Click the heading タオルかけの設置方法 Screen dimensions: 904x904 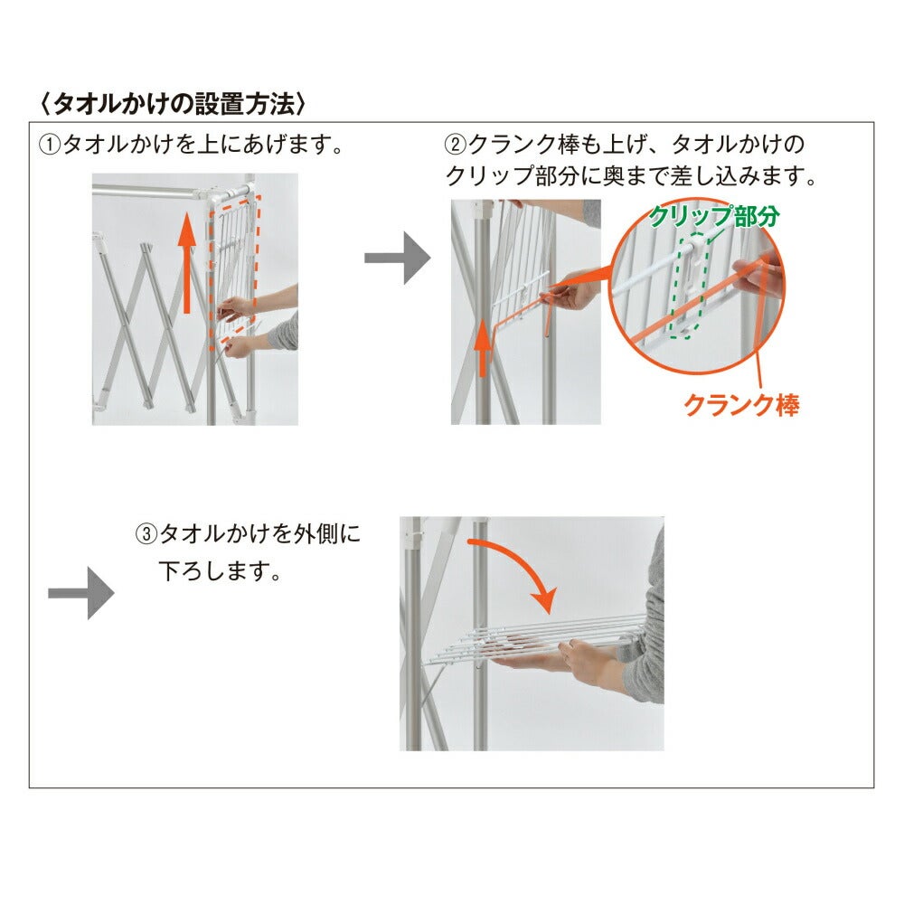[173, 104]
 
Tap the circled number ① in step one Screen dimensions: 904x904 [49, 144]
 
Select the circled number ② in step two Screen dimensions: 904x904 [455, 144]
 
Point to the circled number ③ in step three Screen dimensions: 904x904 [146, 534]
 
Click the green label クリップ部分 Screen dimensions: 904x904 [714, 216]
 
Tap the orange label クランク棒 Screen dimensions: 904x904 [741, 405]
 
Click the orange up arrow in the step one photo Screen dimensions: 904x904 [186, 263]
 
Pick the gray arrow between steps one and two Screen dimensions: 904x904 [397, 258]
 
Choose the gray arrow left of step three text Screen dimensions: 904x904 [81, 593]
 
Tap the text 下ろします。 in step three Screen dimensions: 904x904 [220, 571]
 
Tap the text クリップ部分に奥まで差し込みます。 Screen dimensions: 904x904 [631, 176]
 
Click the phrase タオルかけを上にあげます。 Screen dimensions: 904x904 [202, 144]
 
